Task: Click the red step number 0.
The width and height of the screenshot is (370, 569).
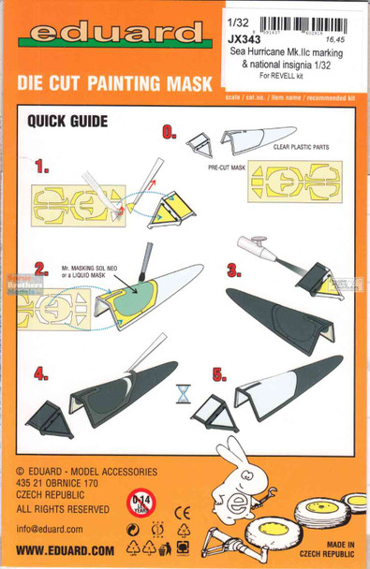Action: tap(169, 132)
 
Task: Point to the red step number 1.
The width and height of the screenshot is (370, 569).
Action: tap(42, 168)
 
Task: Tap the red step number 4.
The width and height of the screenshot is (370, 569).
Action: tap(41, 373)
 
